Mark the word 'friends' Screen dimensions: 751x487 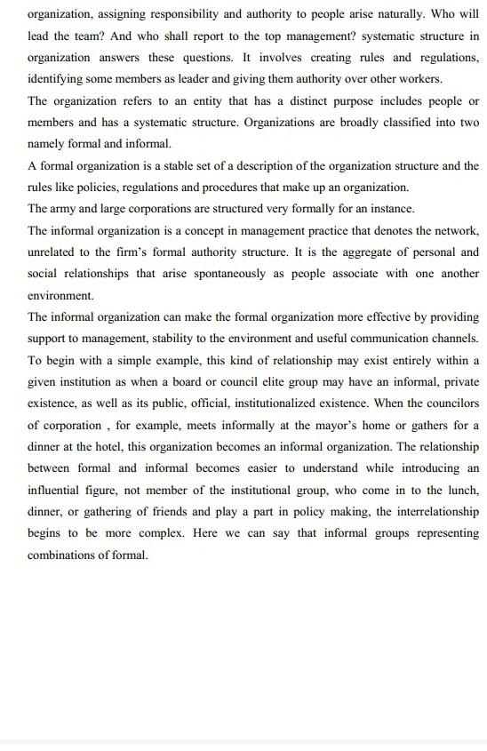click(x=198, y=510)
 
